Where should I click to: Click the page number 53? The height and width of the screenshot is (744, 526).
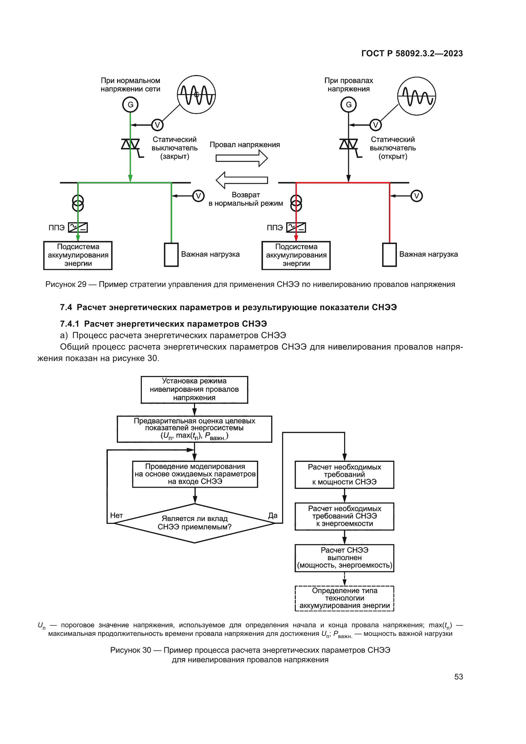458,677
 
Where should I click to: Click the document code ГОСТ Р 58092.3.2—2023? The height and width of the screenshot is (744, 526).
412,53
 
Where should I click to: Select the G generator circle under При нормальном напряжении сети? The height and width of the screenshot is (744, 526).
130,105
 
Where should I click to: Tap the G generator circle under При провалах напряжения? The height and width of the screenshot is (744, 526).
349,105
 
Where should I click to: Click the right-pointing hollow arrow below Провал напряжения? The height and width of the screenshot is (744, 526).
242,158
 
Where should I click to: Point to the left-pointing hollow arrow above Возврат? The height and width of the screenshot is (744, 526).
242,180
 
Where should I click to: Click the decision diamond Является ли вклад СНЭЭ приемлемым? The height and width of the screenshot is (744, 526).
194,523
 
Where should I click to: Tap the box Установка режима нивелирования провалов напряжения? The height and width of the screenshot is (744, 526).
194,390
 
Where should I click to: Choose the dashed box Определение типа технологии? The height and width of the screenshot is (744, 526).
344,598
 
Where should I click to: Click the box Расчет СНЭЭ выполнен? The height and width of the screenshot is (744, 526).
344,558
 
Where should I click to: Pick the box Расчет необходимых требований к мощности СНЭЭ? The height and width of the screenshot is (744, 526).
344,475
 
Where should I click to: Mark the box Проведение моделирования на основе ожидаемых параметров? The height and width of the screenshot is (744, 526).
195,474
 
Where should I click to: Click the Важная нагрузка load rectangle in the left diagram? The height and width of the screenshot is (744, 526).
171,255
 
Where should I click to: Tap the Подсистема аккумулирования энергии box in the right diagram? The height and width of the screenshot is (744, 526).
296,255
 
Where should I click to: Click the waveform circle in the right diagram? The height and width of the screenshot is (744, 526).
417,96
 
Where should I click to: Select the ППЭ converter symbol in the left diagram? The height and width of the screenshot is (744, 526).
78,227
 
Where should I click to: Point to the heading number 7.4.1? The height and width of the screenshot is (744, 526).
69,324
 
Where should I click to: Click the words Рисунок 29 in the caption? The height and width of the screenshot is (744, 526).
66,284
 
